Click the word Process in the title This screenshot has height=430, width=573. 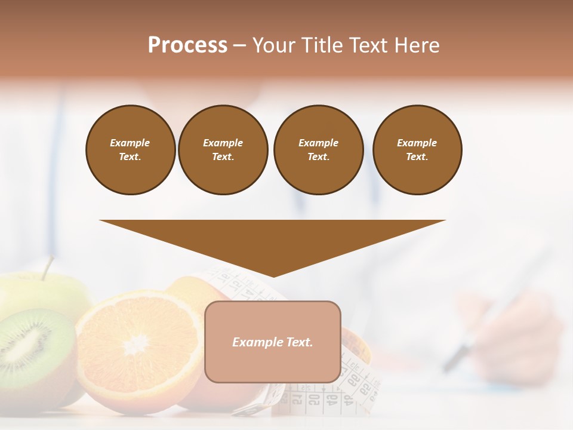[187, 45]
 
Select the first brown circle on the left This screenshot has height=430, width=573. [131, 150]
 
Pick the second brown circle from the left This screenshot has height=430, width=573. [223, 150]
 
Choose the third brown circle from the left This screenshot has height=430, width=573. [319, 150]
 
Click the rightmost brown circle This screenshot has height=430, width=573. [417, 150]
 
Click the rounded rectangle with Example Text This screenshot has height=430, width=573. [273, 342]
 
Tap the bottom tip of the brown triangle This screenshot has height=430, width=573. [273, 276]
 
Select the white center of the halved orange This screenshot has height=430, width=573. [137, 343]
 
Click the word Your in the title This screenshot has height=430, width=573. [273, 45]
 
